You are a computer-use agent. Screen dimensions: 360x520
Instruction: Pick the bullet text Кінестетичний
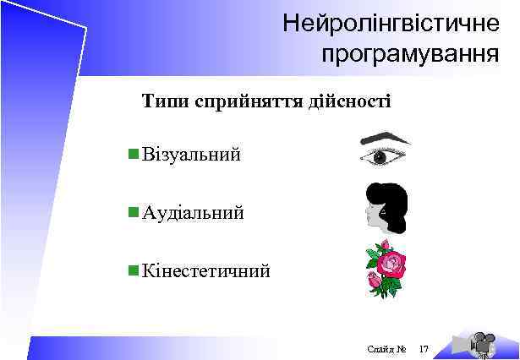pos(206,271)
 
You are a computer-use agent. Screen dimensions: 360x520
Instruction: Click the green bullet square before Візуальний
pos(132,155)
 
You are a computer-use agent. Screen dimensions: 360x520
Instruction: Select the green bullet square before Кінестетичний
pos(132,270)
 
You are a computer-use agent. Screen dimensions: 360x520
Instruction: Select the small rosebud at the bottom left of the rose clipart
pos(374,280)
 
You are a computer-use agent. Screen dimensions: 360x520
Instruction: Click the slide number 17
pos(424,348)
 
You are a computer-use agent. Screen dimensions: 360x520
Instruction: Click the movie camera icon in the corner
pos(483,342)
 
